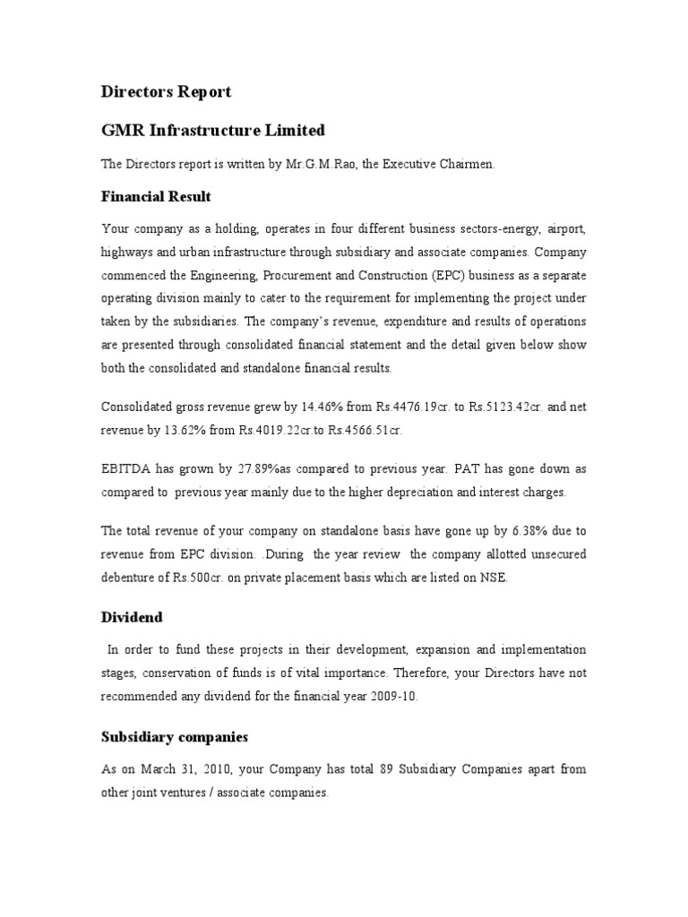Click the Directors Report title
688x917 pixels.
pos(166,91)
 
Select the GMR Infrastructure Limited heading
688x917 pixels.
pos(213,131)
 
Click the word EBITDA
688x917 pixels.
pos(127,469)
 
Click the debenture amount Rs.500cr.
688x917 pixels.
pos(193,578)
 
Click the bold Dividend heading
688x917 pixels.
pos(131,618)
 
